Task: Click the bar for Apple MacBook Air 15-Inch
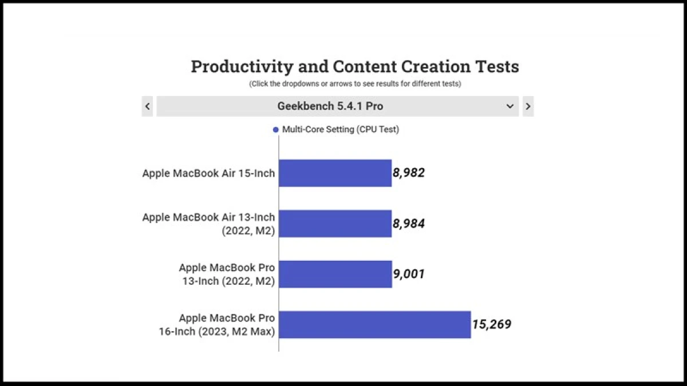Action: pyautogui.click(x=335, y=173)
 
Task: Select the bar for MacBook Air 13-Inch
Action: pyautogui.click(x=335, y=224)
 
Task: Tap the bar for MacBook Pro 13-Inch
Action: pyautogui.click(x=335, y=274)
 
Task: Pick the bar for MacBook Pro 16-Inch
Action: pyautogui.click(x=374, y=324)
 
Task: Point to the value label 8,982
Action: pyautogui.click(x=409, y=173)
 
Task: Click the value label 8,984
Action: pyautogui.click(x=409, y=224)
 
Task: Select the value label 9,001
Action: pyautogui.click(x=409, y=274)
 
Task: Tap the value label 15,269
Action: pyautogui.click(x=492, y=324)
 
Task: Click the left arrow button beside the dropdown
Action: pyautogui.click(x=148, y=106)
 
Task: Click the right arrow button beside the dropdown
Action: pyautogui.click(x=528, y=106)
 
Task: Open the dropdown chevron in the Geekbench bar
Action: pyautogui.click(x=510, y=106)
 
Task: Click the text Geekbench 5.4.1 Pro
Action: pyautogui.click(x=330, y=106)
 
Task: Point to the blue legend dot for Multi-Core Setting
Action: pyautogui.click(x=276, y=130)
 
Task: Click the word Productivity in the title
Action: pyautogui.click(x=242, y=67)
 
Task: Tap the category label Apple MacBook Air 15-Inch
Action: pyautogui.click(x=208, y=173)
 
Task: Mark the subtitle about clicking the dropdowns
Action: pyautogui.click(x=355, y=83)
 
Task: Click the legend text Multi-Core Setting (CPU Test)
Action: pyautogui.click(x=341, y=130)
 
